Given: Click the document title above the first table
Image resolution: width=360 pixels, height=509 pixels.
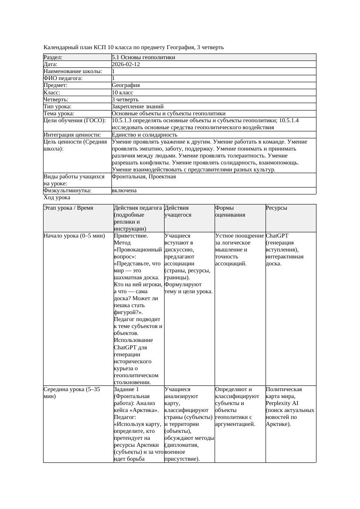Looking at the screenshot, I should click(134, 47).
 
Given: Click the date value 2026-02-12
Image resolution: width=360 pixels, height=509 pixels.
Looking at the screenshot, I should click(126, 64).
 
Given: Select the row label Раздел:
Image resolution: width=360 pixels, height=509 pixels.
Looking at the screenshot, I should click(53, 57).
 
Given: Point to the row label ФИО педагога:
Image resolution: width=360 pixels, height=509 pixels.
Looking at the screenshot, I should click(63, 78).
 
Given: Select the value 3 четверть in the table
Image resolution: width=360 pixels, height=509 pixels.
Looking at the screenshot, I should click(125, 99).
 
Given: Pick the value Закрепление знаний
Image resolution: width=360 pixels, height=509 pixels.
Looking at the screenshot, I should click(138, 106).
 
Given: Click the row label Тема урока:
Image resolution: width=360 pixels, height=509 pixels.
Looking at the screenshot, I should click(59, 113).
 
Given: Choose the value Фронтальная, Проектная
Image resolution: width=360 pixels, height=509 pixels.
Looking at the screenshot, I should click(144, 177).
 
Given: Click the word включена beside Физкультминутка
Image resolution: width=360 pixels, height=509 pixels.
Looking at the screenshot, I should click(124, 191).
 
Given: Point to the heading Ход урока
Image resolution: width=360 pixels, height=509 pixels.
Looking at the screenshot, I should click(57, 198).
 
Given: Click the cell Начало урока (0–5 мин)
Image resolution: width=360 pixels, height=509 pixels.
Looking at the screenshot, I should click(74, 236).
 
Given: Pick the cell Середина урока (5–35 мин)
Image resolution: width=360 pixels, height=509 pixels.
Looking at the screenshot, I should click(72, 393).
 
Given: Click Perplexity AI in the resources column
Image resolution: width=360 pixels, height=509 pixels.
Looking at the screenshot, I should click(282, 403).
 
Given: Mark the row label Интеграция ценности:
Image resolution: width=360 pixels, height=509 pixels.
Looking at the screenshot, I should click(72, 135).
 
